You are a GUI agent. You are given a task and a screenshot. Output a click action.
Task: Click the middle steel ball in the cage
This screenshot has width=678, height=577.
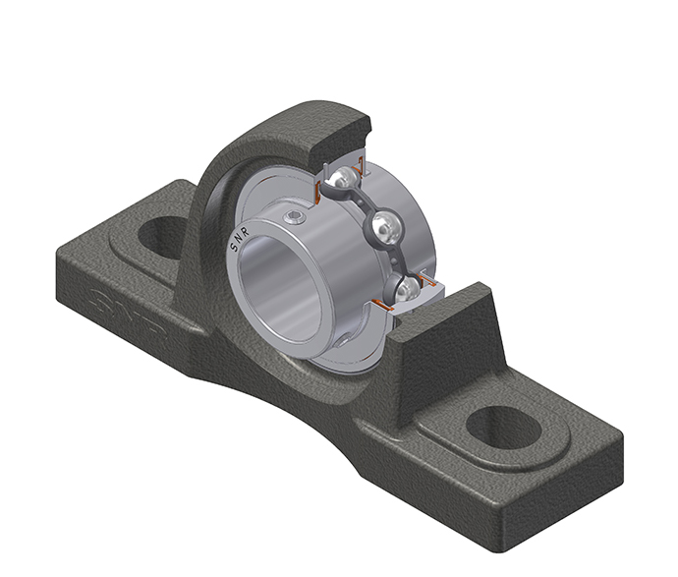click(x=383, y=226)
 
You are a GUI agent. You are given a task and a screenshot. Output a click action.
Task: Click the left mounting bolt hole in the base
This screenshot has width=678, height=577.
click(x=159, y=237)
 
